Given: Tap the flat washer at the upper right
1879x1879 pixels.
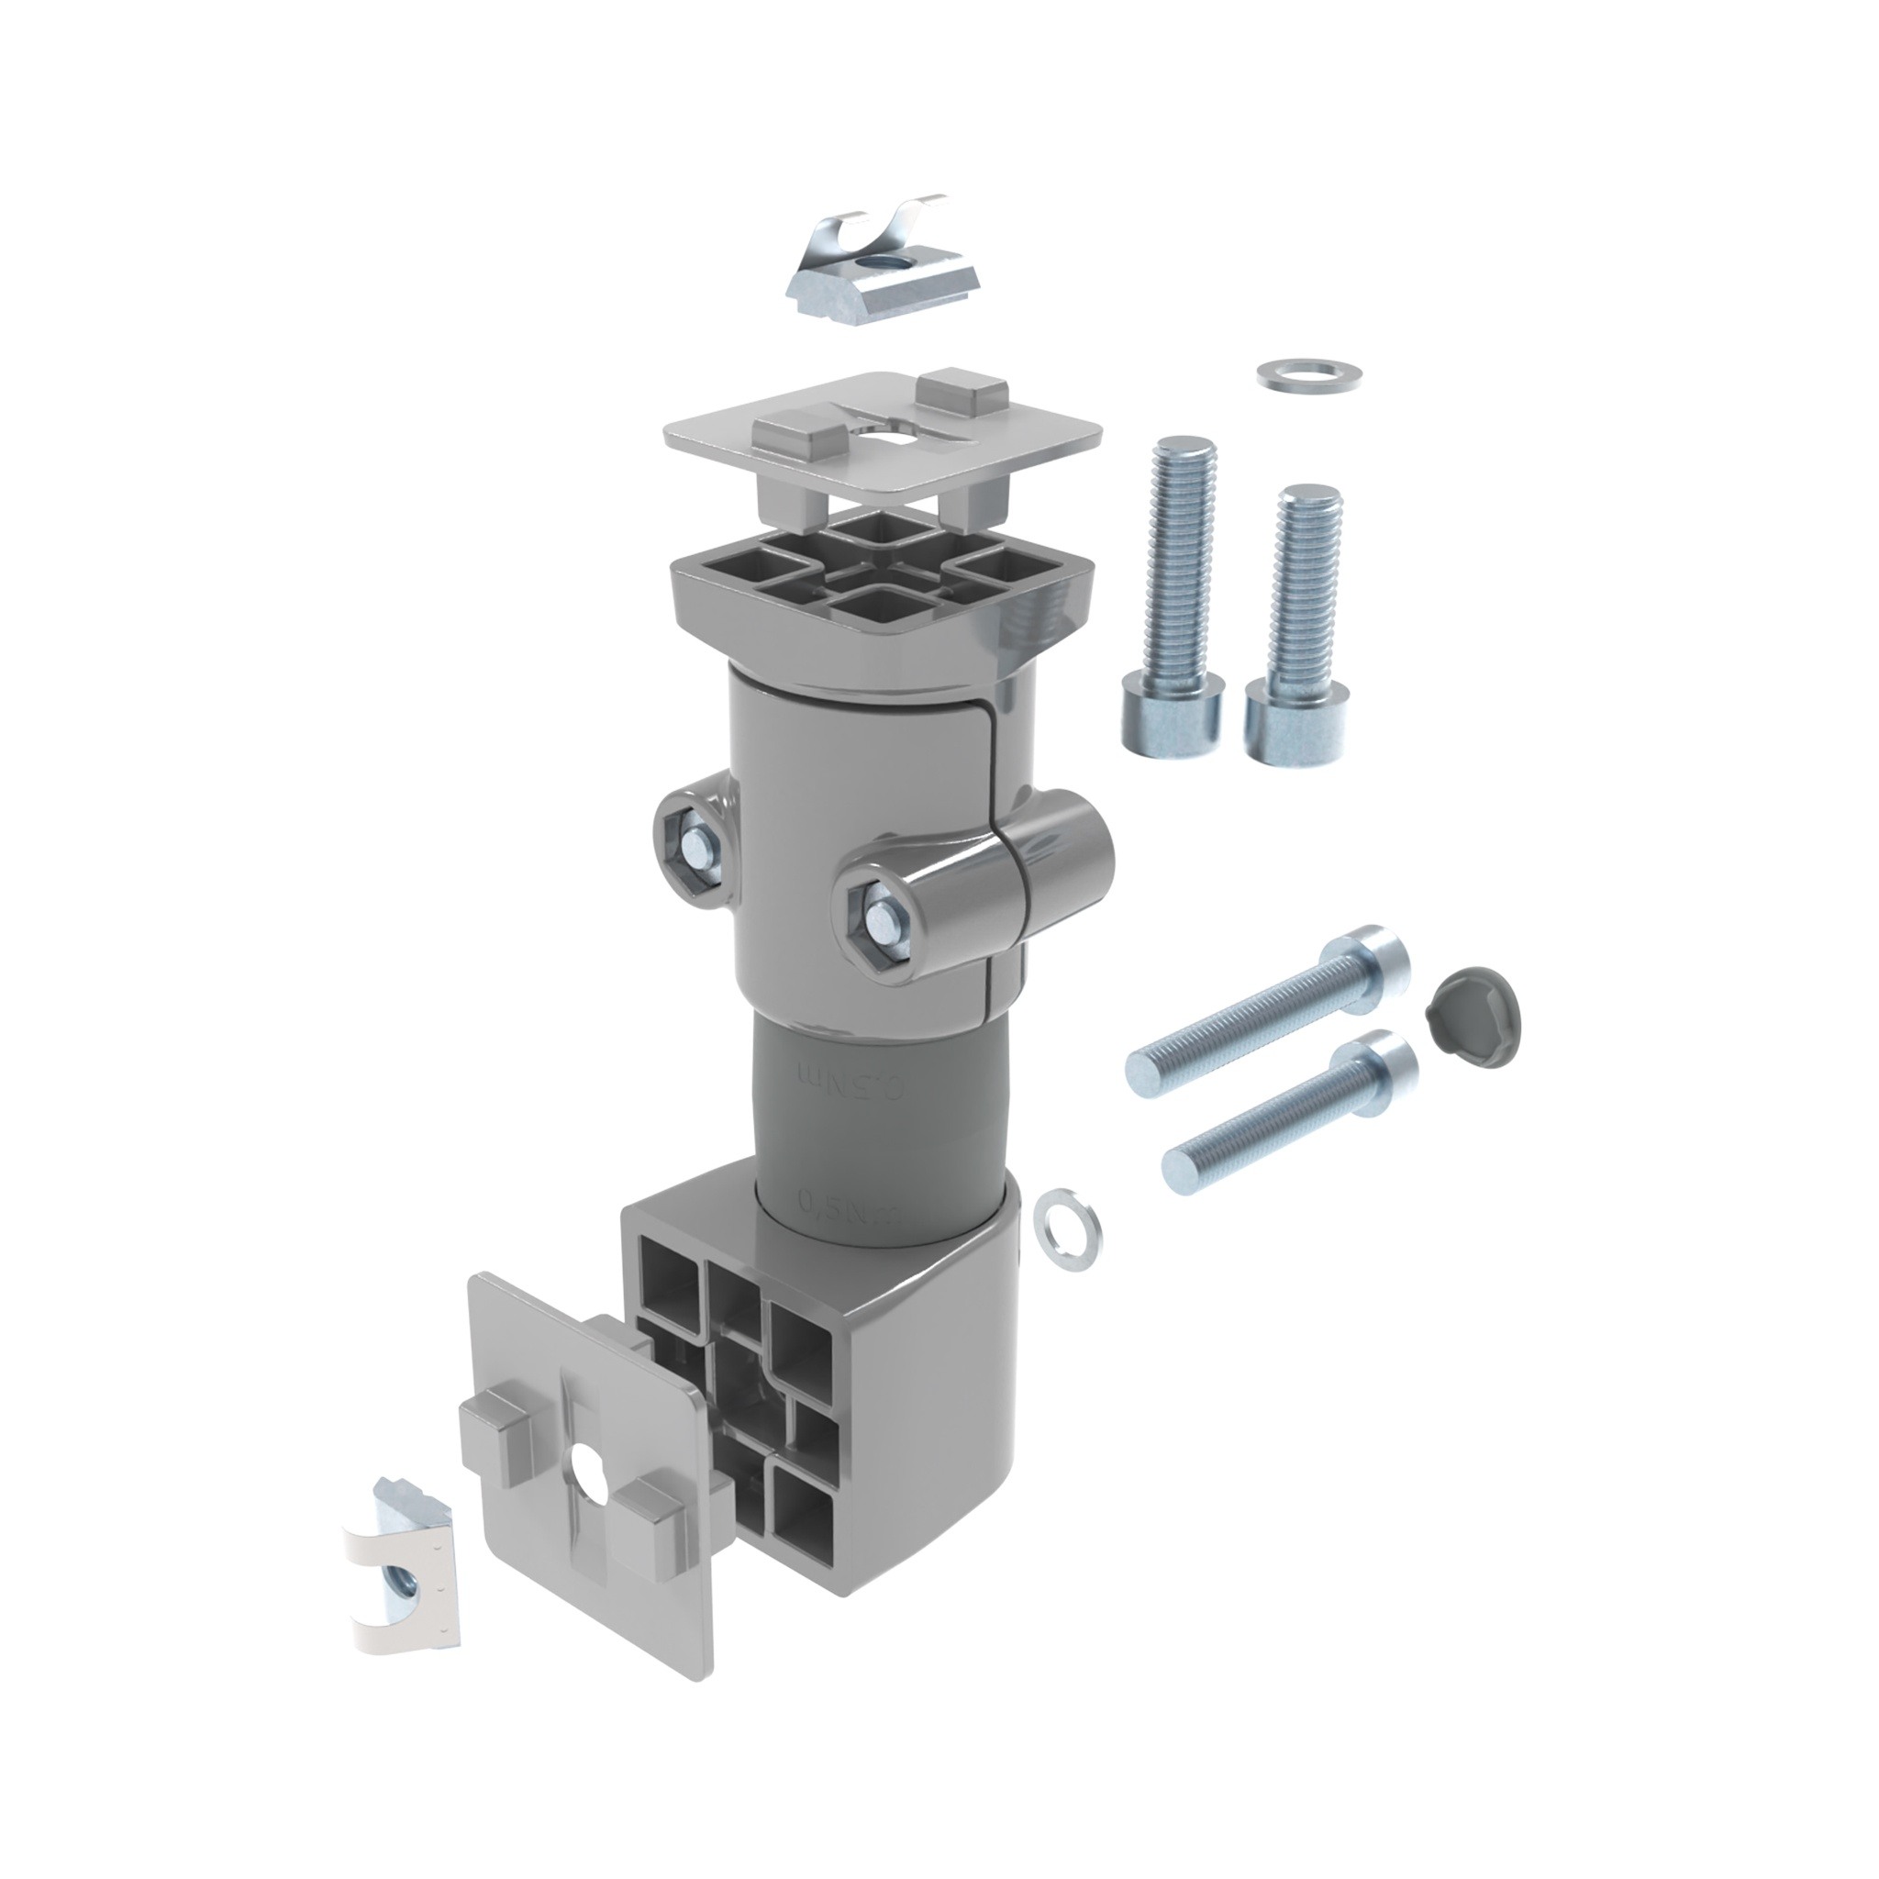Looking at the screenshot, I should (x=1309, y=374).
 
